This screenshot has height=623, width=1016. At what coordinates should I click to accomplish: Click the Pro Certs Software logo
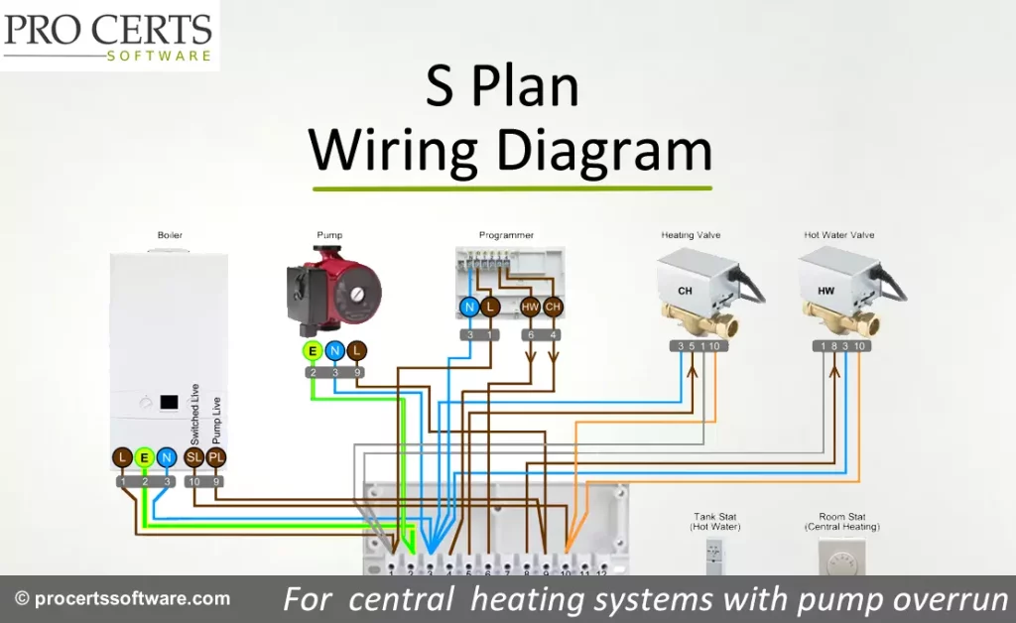108,36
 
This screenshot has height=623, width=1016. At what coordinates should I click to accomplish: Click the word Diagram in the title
603,150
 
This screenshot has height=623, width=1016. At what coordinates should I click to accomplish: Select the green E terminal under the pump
313,350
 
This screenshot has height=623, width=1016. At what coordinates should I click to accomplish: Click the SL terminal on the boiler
194,457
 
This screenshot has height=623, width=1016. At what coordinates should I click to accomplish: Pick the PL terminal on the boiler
216,457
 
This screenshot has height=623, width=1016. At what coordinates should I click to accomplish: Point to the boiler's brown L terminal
122,457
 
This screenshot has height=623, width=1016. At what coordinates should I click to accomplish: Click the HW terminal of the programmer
531,308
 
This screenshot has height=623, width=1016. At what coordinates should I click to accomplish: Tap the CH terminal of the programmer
554,308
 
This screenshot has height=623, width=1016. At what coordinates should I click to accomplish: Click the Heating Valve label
691,235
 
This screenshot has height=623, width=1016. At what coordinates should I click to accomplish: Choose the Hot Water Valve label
838,235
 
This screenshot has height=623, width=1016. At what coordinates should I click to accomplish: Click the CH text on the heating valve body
685,291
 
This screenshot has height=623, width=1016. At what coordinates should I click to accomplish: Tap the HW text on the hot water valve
825,291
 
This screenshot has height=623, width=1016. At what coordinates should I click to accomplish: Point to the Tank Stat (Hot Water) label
715,522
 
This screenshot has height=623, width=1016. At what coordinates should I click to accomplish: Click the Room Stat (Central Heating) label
841,522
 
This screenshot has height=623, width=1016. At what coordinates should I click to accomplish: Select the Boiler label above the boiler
170,235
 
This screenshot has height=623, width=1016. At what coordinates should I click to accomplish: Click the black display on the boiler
168,404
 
